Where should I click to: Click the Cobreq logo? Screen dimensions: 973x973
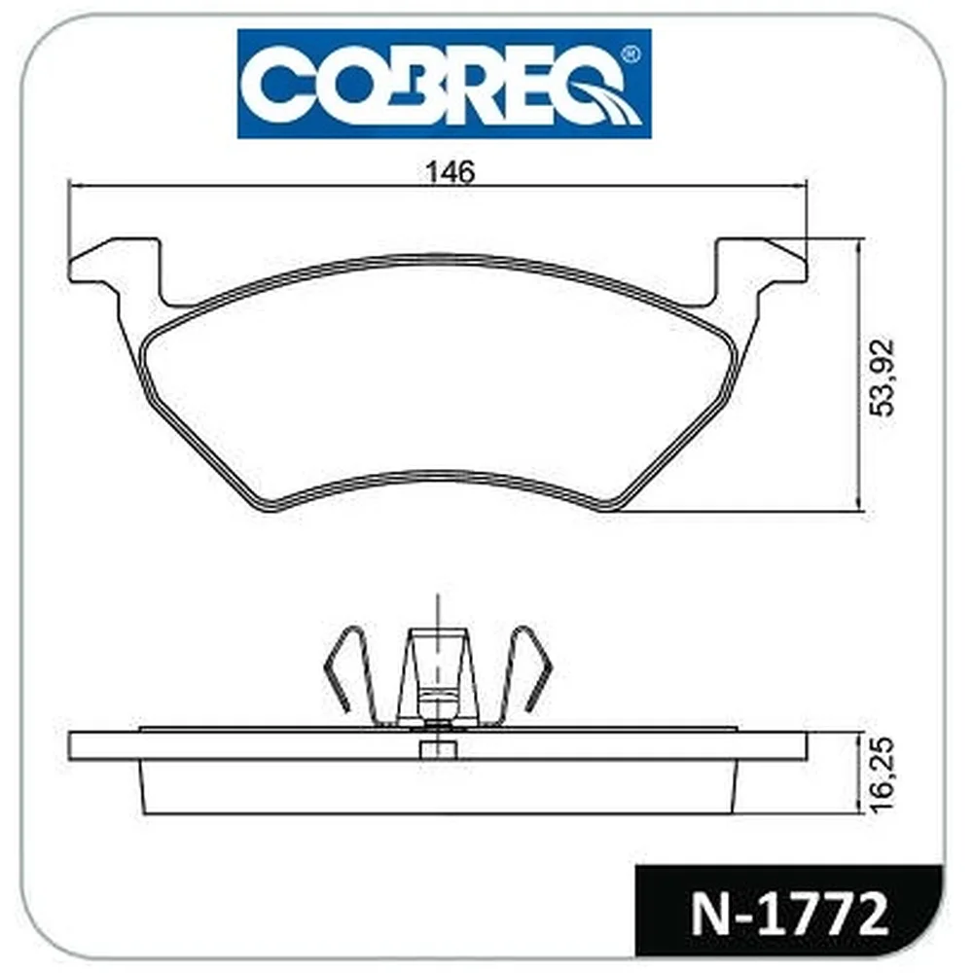[x=445, y=84]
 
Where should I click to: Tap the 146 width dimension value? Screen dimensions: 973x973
[x=450, y=172]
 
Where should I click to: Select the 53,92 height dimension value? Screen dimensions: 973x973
[x=883, y=377]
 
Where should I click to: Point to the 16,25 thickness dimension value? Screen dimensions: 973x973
[x=882, y=775]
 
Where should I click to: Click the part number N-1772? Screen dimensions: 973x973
[x=789, y=915]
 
